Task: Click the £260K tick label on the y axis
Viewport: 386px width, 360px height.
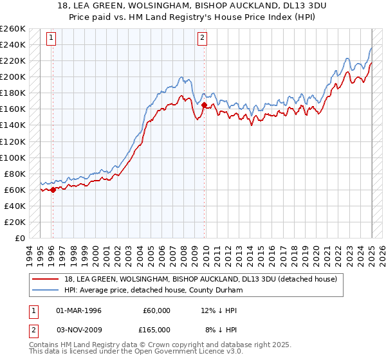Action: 13,29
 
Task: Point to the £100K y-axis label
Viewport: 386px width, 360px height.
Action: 13,157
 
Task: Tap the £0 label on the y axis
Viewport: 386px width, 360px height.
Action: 19,238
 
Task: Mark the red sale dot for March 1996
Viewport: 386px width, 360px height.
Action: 53,189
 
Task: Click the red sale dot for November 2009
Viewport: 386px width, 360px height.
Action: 204,105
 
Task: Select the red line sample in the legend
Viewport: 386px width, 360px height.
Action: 46,279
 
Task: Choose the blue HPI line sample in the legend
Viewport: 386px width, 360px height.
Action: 46,290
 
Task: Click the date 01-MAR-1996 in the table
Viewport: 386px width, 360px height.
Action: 79,310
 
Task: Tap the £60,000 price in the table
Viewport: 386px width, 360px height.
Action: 156,310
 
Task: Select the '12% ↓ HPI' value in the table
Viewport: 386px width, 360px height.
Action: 219,310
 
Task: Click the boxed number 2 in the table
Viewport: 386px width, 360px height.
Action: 33,329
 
